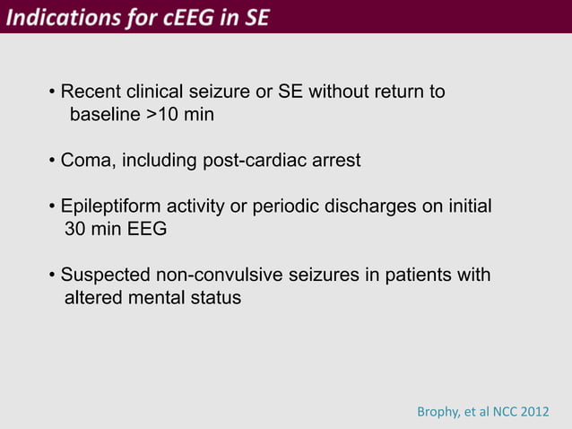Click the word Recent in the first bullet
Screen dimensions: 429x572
click(x=90, y=92)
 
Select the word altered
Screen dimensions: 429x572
click(x=91, y=298)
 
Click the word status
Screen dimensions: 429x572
click(x=217, y=298)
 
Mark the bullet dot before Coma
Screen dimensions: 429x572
click(x=53, y=162)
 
